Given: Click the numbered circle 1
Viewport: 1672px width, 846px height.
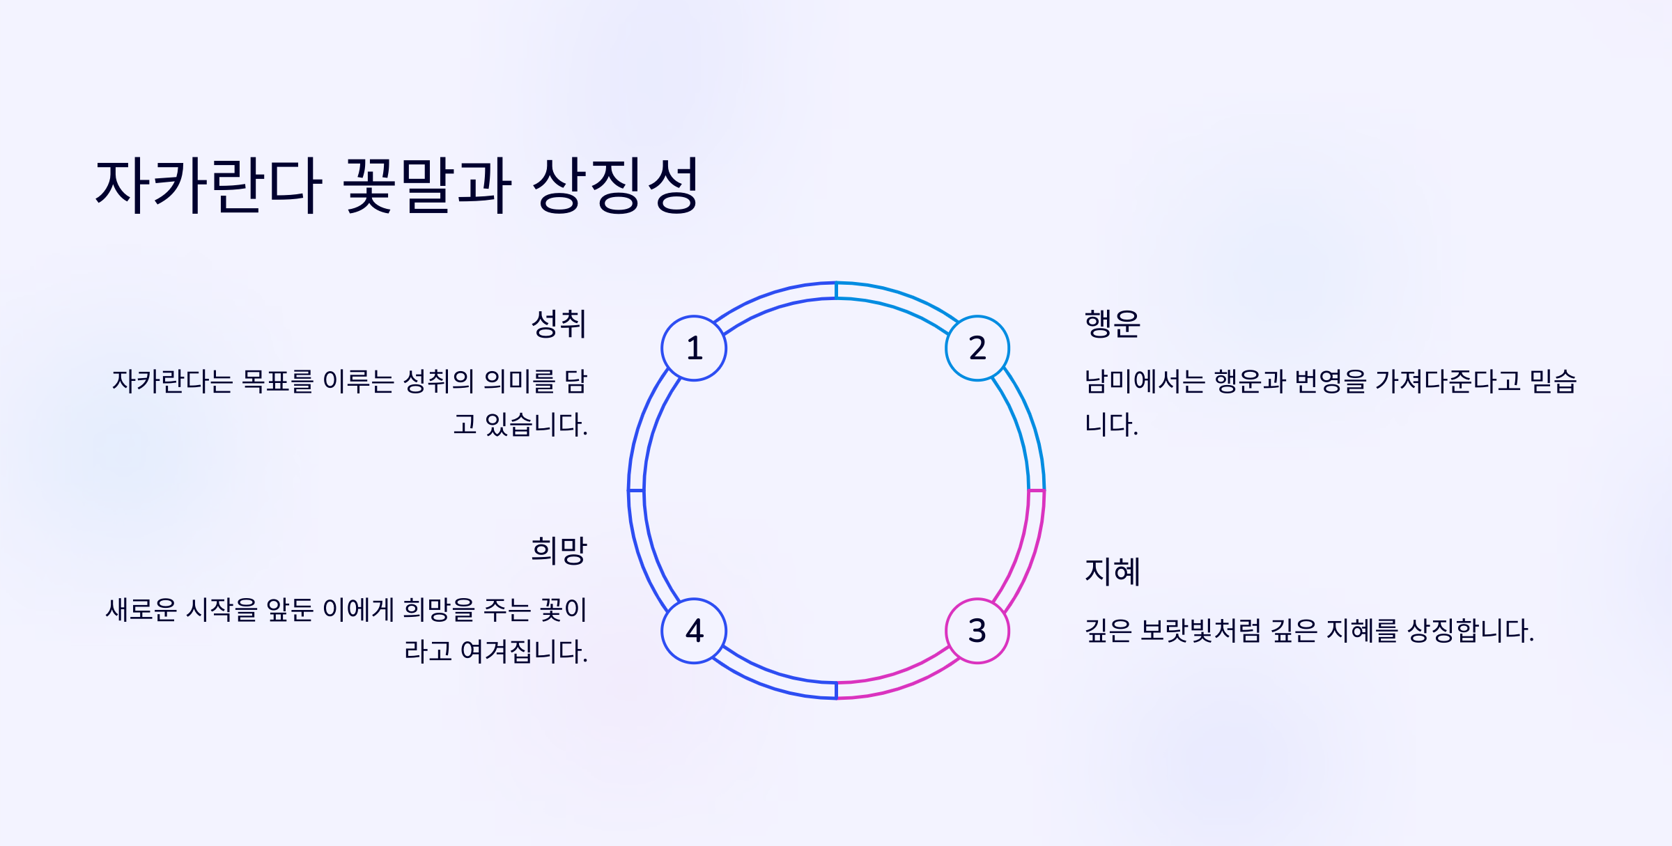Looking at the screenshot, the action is coord(694,348).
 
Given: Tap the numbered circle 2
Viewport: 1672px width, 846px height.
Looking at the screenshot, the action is coord(977,348).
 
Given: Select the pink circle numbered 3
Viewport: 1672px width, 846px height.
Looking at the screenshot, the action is coord(977,631).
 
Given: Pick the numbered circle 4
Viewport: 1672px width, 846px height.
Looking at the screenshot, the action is coord(694,631).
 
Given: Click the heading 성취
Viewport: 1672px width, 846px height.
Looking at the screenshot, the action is coord(559,324).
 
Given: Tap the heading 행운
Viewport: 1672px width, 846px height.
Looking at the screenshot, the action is coord(1113,324).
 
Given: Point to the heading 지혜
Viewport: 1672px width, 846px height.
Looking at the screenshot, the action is coord(1113,572).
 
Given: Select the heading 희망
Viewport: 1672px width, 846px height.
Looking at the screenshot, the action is coord(559,551).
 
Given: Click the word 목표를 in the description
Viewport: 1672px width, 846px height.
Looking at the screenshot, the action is coord(277,382).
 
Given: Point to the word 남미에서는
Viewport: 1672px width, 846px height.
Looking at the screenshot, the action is coord(1145,382).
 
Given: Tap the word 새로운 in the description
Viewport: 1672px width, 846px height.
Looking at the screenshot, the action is coord(141,610).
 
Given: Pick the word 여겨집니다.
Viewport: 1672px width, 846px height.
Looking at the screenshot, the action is coord(524,652).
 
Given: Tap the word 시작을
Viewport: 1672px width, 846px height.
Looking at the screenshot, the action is coord(222,610).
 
